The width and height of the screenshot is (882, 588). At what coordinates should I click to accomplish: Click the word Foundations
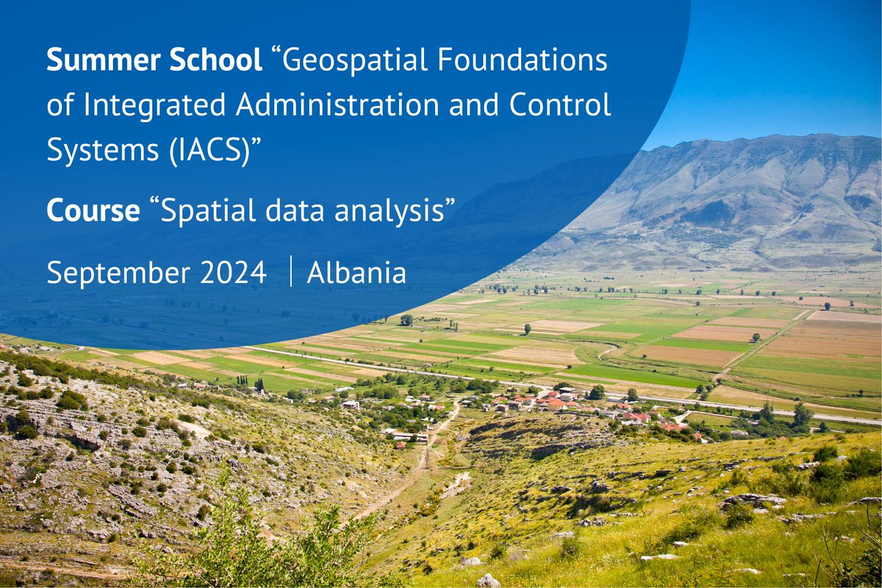point(528,61)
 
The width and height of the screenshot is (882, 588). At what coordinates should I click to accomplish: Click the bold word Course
point(93,212)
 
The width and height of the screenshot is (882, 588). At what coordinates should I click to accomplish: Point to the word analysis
point(398,212)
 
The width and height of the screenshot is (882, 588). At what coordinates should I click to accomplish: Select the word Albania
point(356,273)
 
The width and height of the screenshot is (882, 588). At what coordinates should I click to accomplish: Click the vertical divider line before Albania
point(290,273)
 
